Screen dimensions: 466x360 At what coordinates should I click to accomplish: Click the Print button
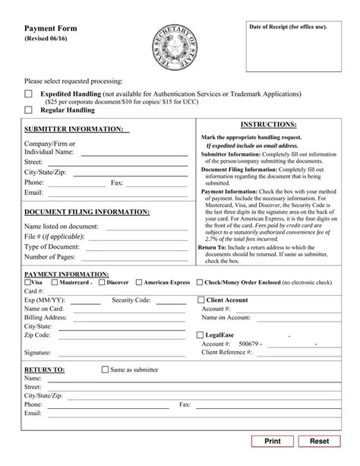click(272, 441)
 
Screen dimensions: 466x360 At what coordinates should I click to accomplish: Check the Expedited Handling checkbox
click(28, 94)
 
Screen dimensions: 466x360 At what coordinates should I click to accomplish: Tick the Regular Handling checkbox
click(28, 109)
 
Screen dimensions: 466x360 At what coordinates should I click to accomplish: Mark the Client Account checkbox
click(201, 300)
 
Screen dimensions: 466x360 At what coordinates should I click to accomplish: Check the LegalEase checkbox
click(201, 334)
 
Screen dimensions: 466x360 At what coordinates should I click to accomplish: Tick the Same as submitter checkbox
click(106, 369)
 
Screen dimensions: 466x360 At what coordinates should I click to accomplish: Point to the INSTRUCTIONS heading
click(268, 124)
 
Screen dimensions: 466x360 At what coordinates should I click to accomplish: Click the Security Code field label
click(134, 300)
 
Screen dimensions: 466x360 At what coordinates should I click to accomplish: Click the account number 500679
click(248, 344)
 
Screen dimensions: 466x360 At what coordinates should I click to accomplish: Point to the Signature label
click(37, 353)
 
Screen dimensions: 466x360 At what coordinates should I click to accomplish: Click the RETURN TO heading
click(45, 369)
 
